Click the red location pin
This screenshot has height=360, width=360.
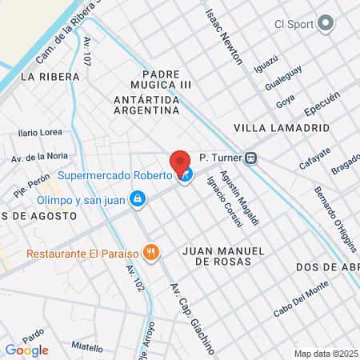(180, 162)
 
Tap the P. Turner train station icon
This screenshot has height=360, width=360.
(251, 158)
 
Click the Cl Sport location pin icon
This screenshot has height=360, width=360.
(325, 25)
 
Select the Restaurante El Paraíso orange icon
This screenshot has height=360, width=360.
(151, 254)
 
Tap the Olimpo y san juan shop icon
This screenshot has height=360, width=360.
(138, 198)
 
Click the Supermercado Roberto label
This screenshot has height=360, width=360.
(115, 175)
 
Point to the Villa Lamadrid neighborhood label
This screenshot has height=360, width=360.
(270, 127)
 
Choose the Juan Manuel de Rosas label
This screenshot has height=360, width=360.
(222, 255)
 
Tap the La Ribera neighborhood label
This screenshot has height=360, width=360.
(51, 77)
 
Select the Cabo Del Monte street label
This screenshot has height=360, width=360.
(300, 300)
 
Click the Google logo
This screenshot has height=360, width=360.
(26, 350)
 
